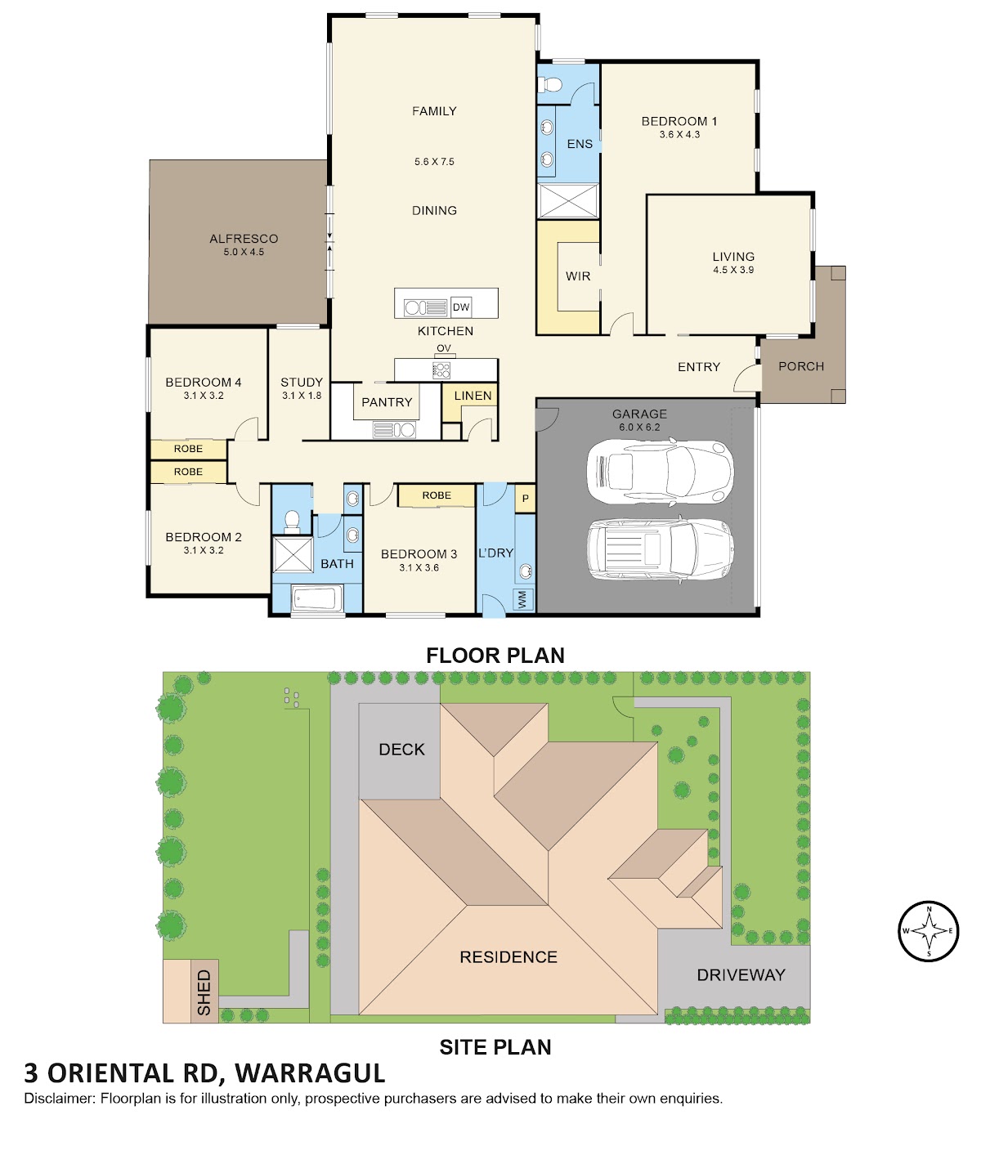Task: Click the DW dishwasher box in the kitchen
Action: click(x=461, y=307)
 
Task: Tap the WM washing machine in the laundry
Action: click(x=523, y=599)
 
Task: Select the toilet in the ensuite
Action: click(x=550, y=85)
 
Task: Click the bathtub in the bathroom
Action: click(x=316, y=599)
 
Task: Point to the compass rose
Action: click(x=928, y=930)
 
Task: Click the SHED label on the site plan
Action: click(x=204, y=992)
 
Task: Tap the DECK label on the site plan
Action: click(x=401, y=750)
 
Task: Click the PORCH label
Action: click(x=801, y=366)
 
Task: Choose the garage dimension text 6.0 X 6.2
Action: click(x=639, y=427)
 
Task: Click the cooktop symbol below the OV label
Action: click(x=441, y=369)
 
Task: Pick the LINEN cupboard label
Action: click(x=473, y=396)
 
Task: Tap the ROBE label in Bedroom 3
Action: click(x=437, y=495)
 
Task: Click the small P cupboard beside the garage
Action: click(x=525, y=499)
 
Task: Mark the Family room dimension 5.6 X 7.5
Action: click(x=434, y=162)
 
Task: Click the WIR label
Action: click(x=578, y=276)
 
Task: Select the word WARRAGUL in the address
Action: click(x=310, y=1073)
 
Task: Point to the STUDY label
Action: click(x=301, y=382)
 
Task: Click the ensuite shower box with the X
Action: click(x=568, y=200)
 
